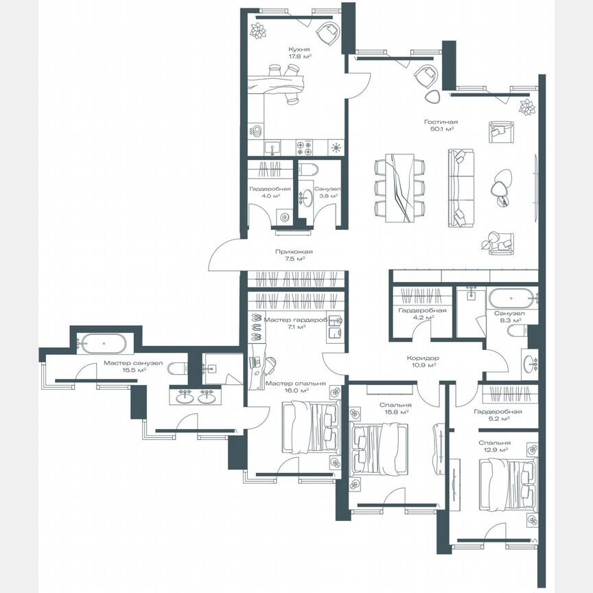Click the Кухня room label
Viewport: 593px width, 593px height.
coord(299,49)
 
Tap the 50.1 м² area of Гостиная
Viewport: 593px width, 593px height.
coord(441,128)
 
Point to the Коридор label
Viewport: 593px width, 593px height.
coord(422,358)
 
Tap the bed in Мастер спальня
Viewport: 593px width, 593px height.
coord(310,428)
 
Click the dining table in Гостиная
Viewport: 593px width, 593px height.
coord(399,187)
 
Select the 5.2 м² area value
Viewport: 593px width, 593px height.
coord(498,419)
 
